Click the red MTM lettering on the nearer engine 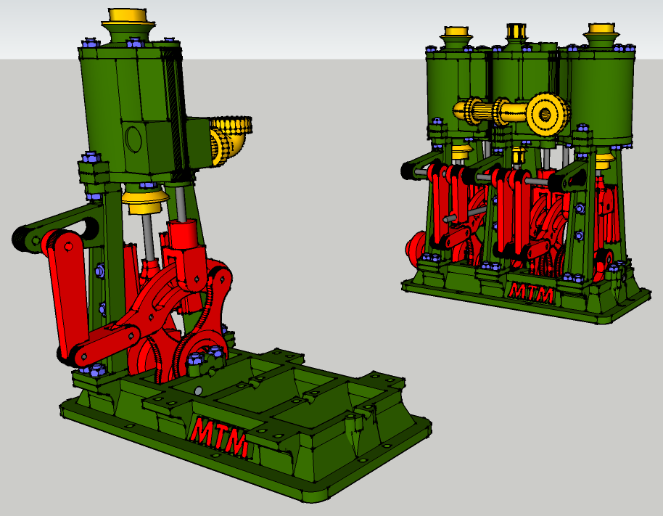click(x=219, y=435)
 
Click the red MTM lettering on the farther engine click(x=532, y=292)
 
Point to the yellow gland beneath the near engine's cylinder click(x=145, y=201)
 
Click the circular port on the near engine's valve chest click(x=133, y=139)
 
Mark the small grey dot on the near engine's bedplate click(x=198, y=390)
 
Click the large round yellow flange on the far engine click(x=546, y=113)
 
